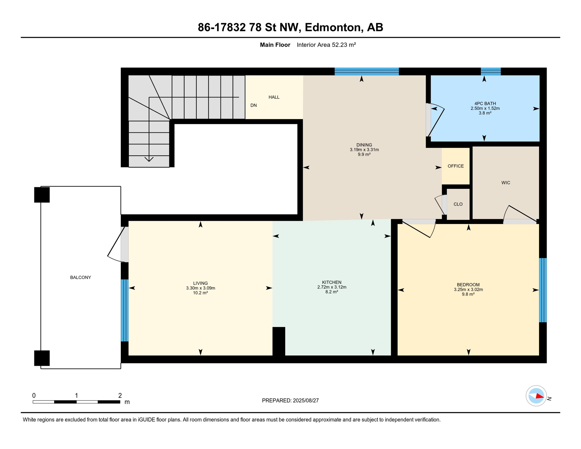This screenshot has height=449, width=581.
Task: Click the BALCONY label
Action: tap(81, 277)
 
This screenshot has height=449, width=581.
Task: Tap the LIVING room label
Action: tap(200, 283)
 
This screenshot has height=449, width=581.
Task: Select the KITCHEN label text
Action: tap(332, 282)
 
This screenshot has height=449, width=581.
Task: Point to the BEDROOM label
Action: tap(468, 285)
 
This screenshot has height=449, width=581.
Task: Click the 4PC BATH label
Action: tap(485, 103)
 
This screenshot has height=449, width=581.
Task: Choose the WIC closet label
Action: tap(506, 183)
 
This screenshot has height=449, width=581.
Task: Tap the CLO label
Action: tap(458, 204)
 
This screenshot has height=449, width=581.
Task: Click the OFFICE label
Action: tap(456, 166)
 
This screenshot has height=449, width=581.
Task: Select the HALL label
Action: tap(274, 97)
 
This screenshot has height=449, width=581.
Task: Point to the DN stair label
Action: tap(253, 105)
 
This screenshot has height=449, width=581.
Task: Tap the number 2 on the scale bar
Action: tap(120, 396)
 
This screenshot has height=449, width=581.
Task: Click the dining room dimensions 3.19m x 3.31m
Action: tap(364, 150)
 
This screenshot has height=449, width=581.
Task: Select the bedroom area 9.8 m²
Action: tap(468, 294)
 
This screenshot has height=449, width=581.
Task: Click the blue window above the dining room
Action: tap(366, 71)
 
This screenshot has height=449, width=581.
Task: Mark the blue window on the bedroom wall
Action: tap(543, 290)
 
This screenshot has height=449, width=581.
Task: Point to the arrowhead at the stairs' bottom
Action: tap(149, 159)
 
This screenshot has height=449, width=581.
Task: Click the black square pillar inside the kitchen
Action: tap(279, 341)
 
